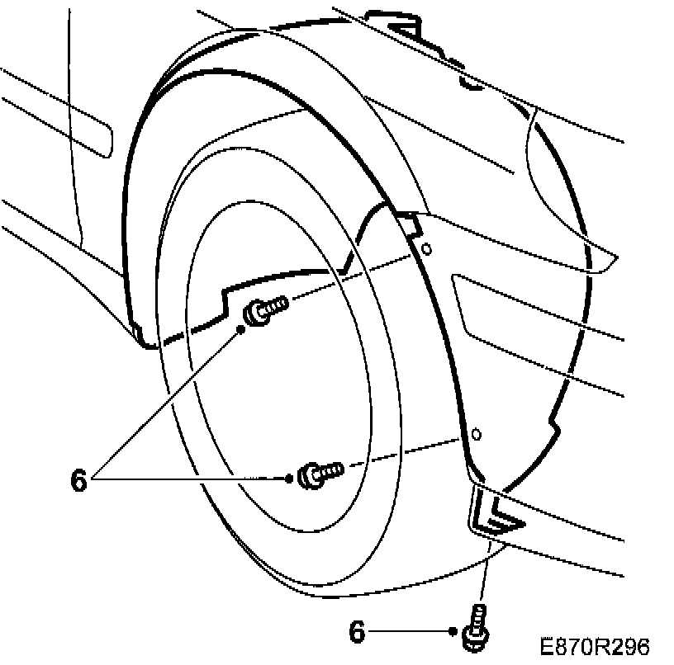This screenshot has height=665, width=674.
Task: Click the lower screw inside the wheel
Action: coord(320,473)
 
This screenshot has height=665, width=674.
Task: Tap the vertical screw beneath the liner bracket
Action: coord(477,625)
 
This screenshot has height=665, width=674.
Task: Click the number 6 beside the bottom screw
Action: coord(358,632)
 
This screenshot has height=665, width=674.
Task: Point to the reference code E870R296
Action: coord(596,645)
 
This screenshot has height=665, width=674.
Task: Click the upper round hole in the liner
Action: coord(426,248)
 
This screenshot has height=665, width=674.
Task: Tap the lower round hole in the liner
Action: coord(477,433)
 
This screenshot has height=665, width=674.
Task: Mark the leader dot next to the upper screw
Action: coord(241,328)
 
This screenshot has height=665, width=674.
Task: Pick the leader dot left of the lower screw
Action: coord(289,478)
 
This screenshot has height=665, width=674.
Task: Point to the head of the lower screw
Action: coord(308,475)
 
